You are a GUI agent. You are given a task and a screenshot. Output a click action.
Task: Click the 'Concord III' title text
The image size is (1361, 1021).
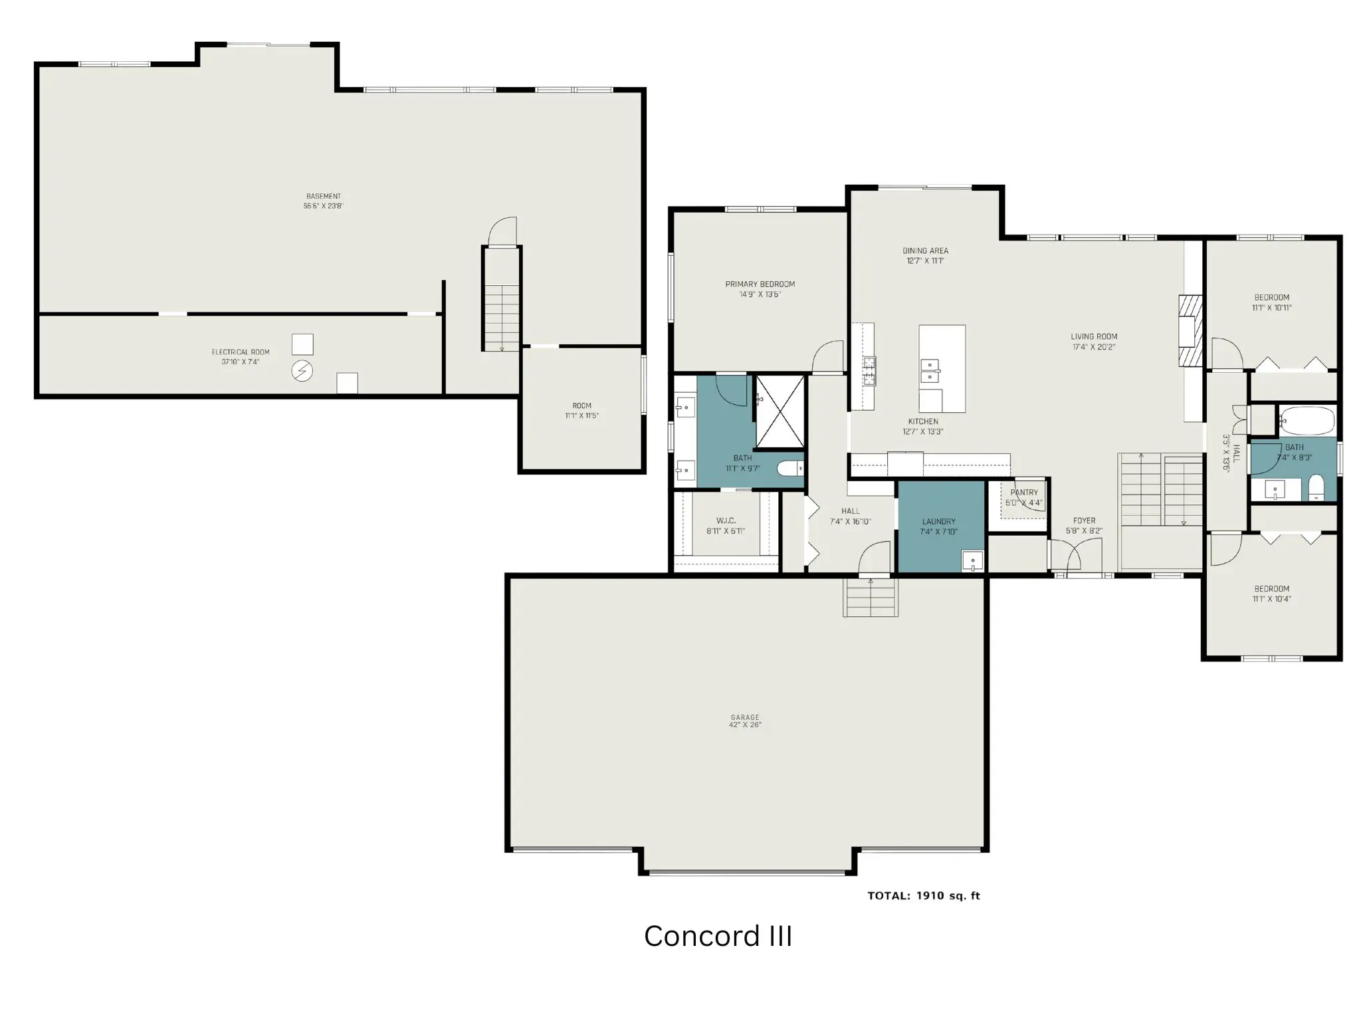coord(718,936)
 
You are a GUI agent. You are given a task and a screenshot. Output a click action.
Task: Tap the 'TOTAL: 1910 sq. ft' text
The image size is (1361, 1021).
coord(924,895)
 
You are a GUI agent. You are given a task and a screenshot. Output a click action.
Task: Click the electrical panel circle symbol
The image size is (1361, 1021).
coord(302,371)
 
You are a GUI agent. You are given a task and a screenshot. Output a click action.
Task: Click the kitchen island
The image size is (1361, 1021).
coord(942,369)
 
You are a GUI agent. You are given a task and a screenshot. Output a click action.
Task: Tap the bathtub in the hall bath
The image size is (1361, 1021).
coord(1307,420)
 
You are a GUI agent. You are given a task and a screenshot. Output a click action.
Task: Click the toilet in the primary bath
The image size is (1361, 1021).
coord(791,469)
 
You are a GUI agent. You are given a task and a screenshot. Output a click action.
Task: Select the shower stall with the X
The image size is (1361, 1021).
coord(781,412)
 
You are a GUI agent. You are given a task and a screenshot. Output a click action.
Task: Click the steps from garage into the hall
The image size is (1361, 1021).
coord(871,597)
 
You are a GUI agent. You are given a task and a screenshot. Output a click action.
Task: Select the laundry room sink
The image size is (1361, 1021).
coord(973,562)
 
